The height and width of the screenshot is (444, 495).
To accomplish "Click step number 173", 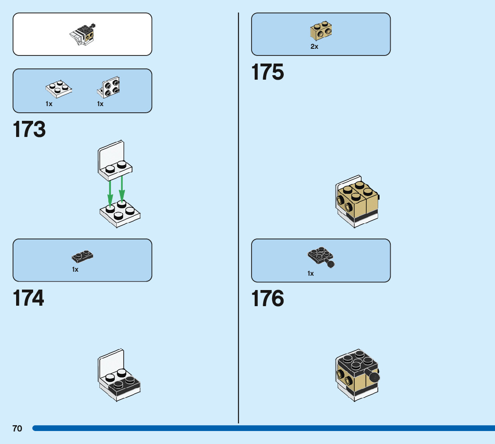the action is pos(30,129).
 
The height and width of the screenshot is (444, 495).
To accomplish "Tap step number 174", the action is pos(29,298).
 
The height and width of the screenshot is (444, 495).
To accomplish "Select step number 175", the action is pos(268,72).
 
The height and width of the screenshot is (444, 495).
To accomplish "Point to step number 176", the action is pos(268,299).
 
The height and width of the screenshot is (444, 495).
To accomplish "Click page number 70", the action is pos(17,429).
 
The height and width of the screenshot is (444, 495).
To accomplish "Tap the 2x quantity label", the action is pos(314,47).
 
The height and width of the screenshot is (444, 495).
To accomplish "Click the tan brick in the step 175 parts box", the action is pos(320,31).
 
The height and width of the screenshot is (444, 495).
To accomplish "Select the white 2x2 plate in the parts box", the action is pos(59,89).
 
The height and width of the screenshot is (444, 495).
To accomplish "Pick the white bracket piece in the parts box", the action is pos(108,87).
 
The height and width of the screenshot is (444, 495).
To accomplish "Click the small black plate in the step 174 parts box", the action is pos(82,256).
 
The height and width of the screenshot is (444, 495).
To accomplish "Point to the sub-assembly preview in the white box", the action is pos(83,34).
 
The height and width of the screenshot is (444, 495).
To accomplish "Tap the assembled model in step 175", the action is pos(357,201).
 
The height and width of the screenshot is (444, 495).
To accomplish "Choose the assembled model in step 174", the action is pos(119,376).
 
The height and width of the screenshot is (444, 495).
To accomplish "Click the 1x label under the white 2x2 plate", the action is pos(49,104).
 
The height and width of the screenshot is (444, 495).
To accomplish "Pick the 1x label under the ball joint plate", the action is pos(311,273).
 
